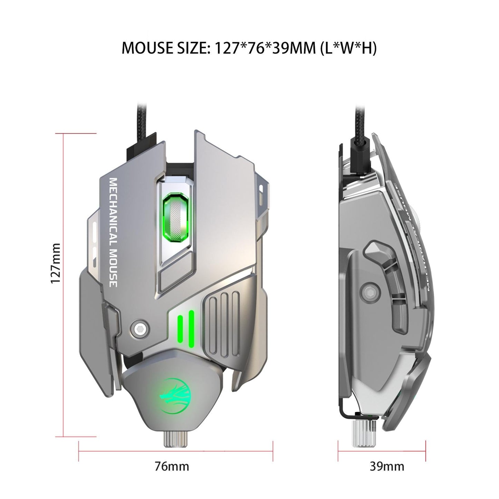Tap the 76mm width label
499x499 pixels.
pyautogui.click(x=172, y=466)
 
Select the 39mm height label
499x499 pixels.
pyautogui.click(x=387, y=466)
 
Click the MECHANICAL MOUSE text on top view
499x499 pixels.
pyautogui.click(x=113, y=232)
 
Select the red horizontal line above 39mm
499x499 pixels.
pyautogui.click(x=382, y=451)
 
